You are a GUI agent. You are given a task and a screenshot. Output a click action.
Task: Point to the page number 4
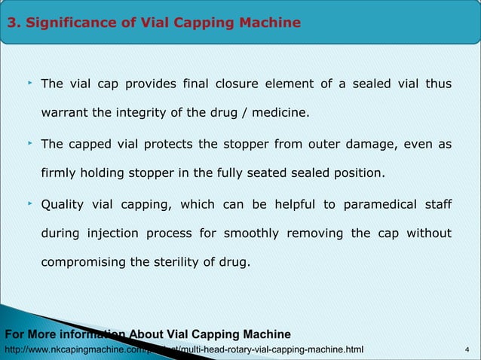pyautogui.click(x=468, y=349)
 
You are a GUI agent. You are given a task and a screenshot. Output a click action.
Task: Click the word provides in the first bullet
pyautogui.click(x=151, y=84)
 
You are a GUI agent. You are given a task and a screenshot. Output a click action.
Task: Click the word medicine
pyautogui.click(x=279, y=114)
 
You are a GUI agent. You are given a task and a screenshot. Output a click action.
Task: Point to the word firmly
pyautogui.click(x=59, y=174)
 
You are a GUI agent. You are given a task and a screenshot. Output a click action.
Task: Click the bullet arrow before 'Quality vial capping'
pyautogui.click(x=29, y=203)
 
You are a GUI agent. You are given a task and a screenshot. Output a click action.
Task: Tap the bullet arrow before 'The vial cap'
pyautogui.click(x=29, y=82)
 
